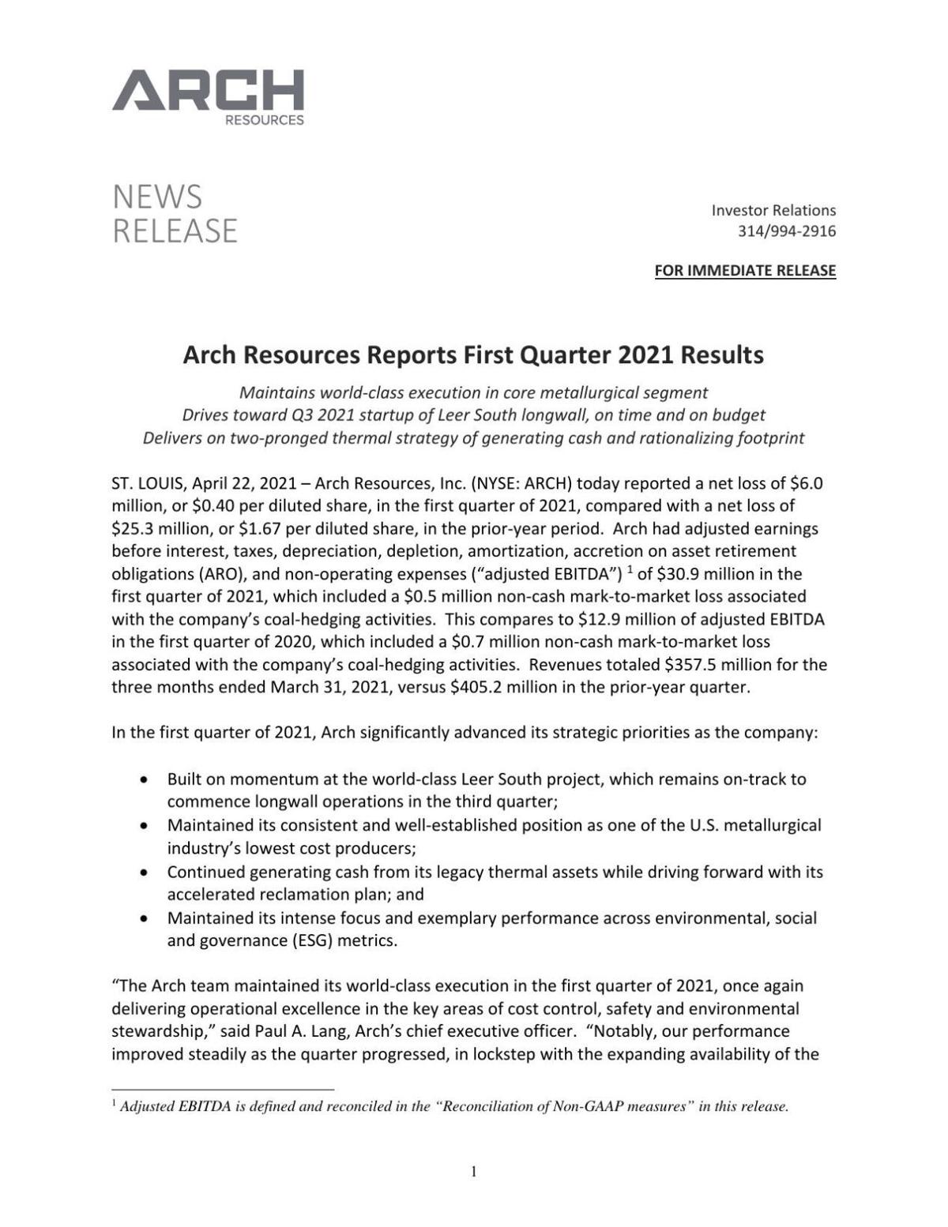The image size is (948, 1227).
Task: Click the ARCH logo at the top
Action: click(x=208, y=91)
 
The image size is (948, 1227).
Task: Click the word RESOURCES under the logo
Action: click(x=264, y=121)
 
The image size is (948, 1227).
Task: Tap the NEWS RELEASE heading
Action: click(x=175, y=213)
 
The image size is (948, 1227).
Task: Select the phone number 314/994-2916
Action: click(x=786, y=231)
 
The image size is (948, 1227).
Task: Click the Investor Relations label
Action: click(x=773, y=210)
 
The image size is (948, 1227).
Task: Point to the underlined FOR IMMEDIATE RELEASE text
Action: click(x=744, y=271)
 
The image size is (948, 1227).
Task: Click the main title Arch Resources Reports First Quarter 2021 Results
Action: click(x=473, y=355)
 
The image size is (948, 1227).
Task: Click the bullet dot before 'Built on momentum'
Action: click(x=143, y=780)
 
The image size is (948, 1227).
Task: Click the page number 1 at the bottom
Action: click(x=473, y=1172)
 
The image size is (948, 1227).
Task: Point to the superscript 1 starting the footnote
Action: click(x=115, y=1103)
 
